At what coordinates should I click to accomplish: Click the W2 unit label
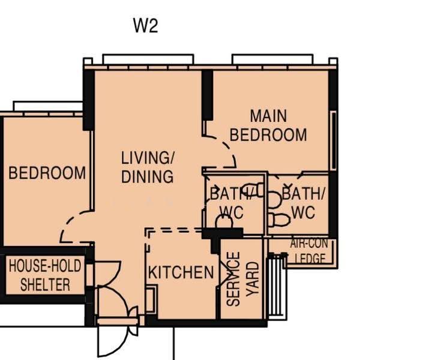click(x=145, y=25)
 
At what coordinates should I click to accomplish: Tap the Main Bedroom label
click(x=268, y=125)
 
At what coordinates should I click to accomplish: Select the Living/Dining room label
click(x=148, y=167)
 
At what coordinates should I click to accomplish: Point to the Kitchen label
click(x=181, y=272)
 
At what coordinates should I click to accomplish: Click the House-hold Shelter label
click(x=45, y=275)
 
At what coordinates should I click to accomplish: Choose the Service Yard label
click(x=243, y=279)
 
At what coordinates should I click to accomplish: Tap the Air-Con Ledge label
click(x=309, y=251)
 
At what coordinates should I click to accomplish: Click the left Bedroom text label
click(x=47, y=173)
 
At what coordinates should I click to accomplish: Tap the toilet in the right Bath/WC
click(x=279, y=220)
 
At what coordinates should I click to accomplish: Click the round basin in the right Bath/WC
click(x=274, y=200)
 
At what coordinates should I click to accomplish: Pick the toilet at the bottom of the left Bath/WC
click(x=224, y=221)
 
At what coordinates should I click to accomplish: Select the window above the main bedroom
click(x=273, y=59)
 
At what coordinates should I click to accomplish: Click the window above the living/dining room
click(x=148, y=59)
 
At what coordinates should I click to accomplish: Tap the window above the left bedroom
click(x=47, y=106)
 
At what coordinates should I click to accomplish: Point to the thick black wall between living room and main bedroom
click(x=207, y=95)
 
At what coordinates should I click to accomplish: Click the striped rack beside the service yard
click(x=277, y=287)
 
